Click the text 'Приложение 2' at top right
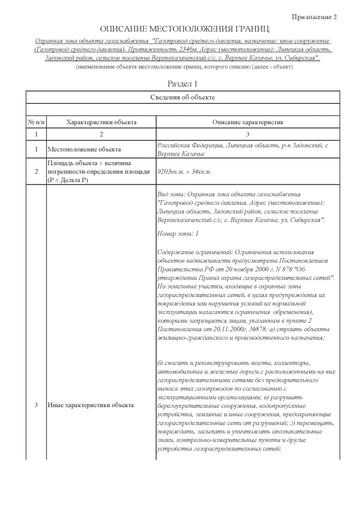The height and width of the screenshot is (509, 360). pyautogui.click(x=314, y=17)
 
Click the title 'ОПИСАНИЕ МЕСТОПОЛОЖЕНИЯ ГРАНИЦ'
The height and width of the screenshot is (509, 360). pyautogui.click(x=184, y=29)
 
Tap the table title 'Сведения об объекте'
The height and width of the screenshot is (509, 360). pyautogui.click(x=183, y=97)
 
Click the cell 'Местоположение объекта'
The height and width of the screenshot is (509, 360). pyautogui.click(x=84, y=150)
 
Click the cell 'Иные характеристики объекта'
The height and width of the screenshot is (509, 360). pyautogui.click(x=90, y=405)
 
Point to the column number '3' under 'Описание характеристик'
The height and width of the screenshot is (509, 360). pyautogui.click(x=247, y=135)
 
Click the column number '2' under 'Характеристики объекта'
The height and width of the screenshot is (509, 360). pyautogui.click(x=101, y=135)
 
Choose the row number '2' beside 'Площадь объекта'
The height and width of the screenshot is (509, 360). pyautogui.click(x=36, y=172)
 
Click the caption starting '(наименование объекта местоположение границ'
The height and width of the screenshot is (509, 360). pyautogui.click(x=184, y=67)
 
